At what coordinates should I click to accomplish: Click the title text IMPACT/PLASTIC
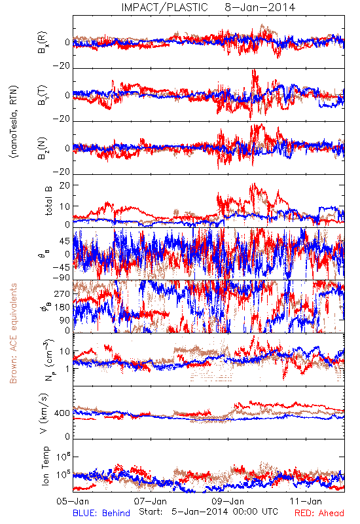click(x=164, y=7)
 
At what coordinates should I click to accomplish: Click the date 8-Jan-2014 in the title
click(x=260, y=7)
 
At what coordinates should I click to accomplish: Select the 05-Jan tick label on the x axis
click(x=73, y=501)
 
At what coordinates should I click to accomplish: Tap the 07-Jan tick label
click(x=151, y=501)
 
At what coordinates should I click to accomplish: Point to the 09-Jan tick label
click(x=228, y=501)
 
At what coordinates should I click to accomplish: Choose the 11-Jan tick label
click(x=306, y=501)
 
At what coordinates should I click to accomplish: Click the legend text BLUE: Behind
click(x=101, y=513)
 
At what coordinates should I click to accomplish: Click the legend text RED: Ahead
click(x=319, y=513)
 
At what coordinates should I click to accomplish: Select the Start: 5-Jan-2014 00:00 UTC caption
click(x=208, y=512)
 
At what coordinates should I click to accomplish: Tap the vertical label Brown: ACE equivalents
click(x=13, y=333)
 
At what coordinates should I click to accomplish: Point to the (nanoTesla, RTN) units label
click(x=14, y=121)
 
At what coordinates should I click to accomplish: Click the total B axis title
click(x=48, y=201)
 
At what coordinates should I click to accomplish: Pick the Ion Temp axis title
click(x=45, y=466)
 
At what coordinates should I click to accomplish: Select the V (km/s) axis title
click(x=45, y=413)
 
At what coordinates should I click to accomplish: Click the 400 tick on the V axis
click(x=62, y=413)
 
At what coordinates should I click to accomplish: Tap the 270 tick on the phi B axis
click(x=62, y=294)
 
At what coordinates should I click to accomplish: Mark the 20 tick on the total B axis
click(x=65, y=185)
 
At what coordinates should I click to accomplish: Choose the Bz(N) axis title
click(x=43, y=148)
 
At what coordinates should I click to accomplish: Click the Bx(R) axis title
click(x=43, y=43)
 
